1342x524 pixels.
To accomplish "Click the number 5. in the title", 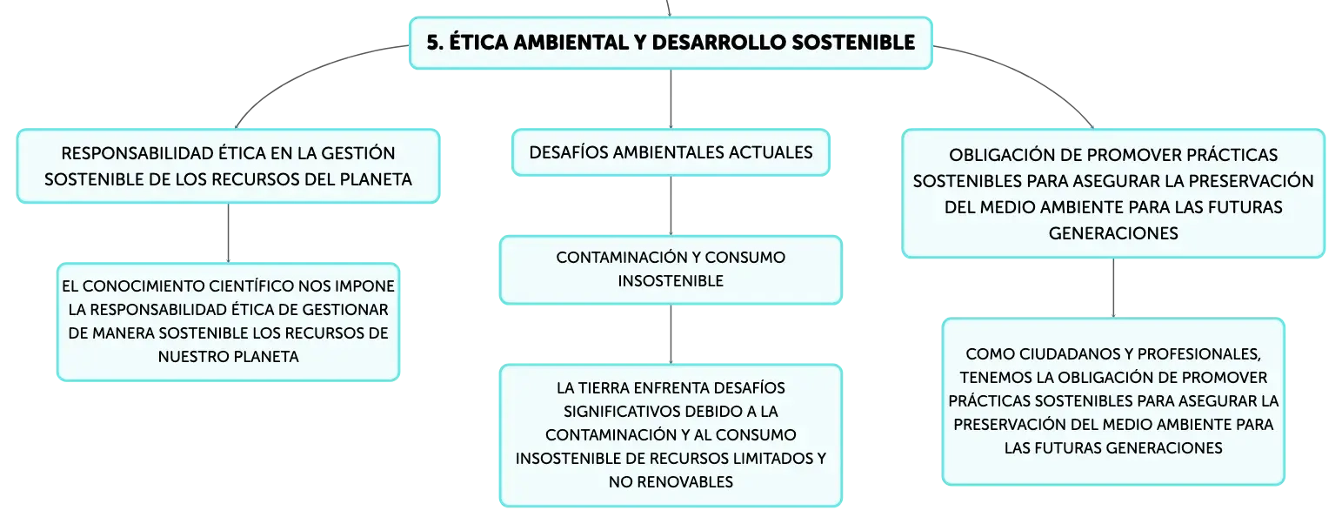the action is tap(435, 43).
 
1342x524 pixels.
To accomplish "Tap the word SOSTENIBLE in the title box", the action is tap(854, 43).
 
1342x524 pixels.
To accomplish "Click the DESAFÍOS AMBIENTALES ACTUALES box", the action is tap(671, 152).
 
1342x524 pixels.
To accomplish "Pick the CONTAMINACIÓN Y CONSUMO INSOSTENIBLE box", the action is tap(671, 269).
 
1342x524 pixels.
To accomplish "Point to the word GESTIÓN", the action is tap(358, 153).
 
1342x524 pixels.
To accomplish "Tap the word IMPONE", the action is tap(365, 286).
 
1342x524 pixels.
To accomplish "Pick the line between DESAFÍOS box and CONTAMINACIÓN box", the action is tap(671, 205).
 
